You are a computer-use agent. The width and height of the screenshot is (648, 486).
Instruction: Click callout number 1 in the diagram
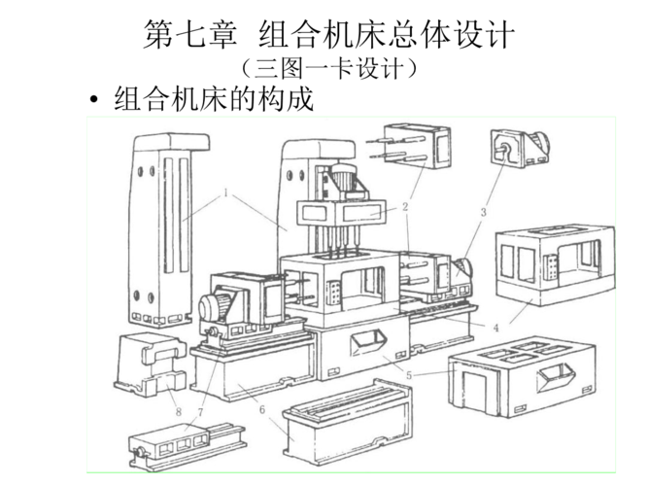click(226, 192)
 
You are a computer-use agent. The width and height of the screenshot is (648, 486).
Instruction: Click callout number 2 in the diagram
click(404, 206)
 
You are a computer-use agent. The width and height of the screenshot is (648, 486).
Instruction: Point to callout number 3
click(483, 212)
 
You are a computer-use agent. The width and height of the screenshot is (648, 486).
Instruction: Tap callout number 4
click(495, 328)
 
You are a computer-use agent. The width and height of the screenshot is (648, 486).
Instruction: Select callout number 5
click(410, 372)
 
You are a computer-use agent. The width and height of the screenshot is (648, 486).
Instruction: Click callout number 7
click(201, 412)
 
